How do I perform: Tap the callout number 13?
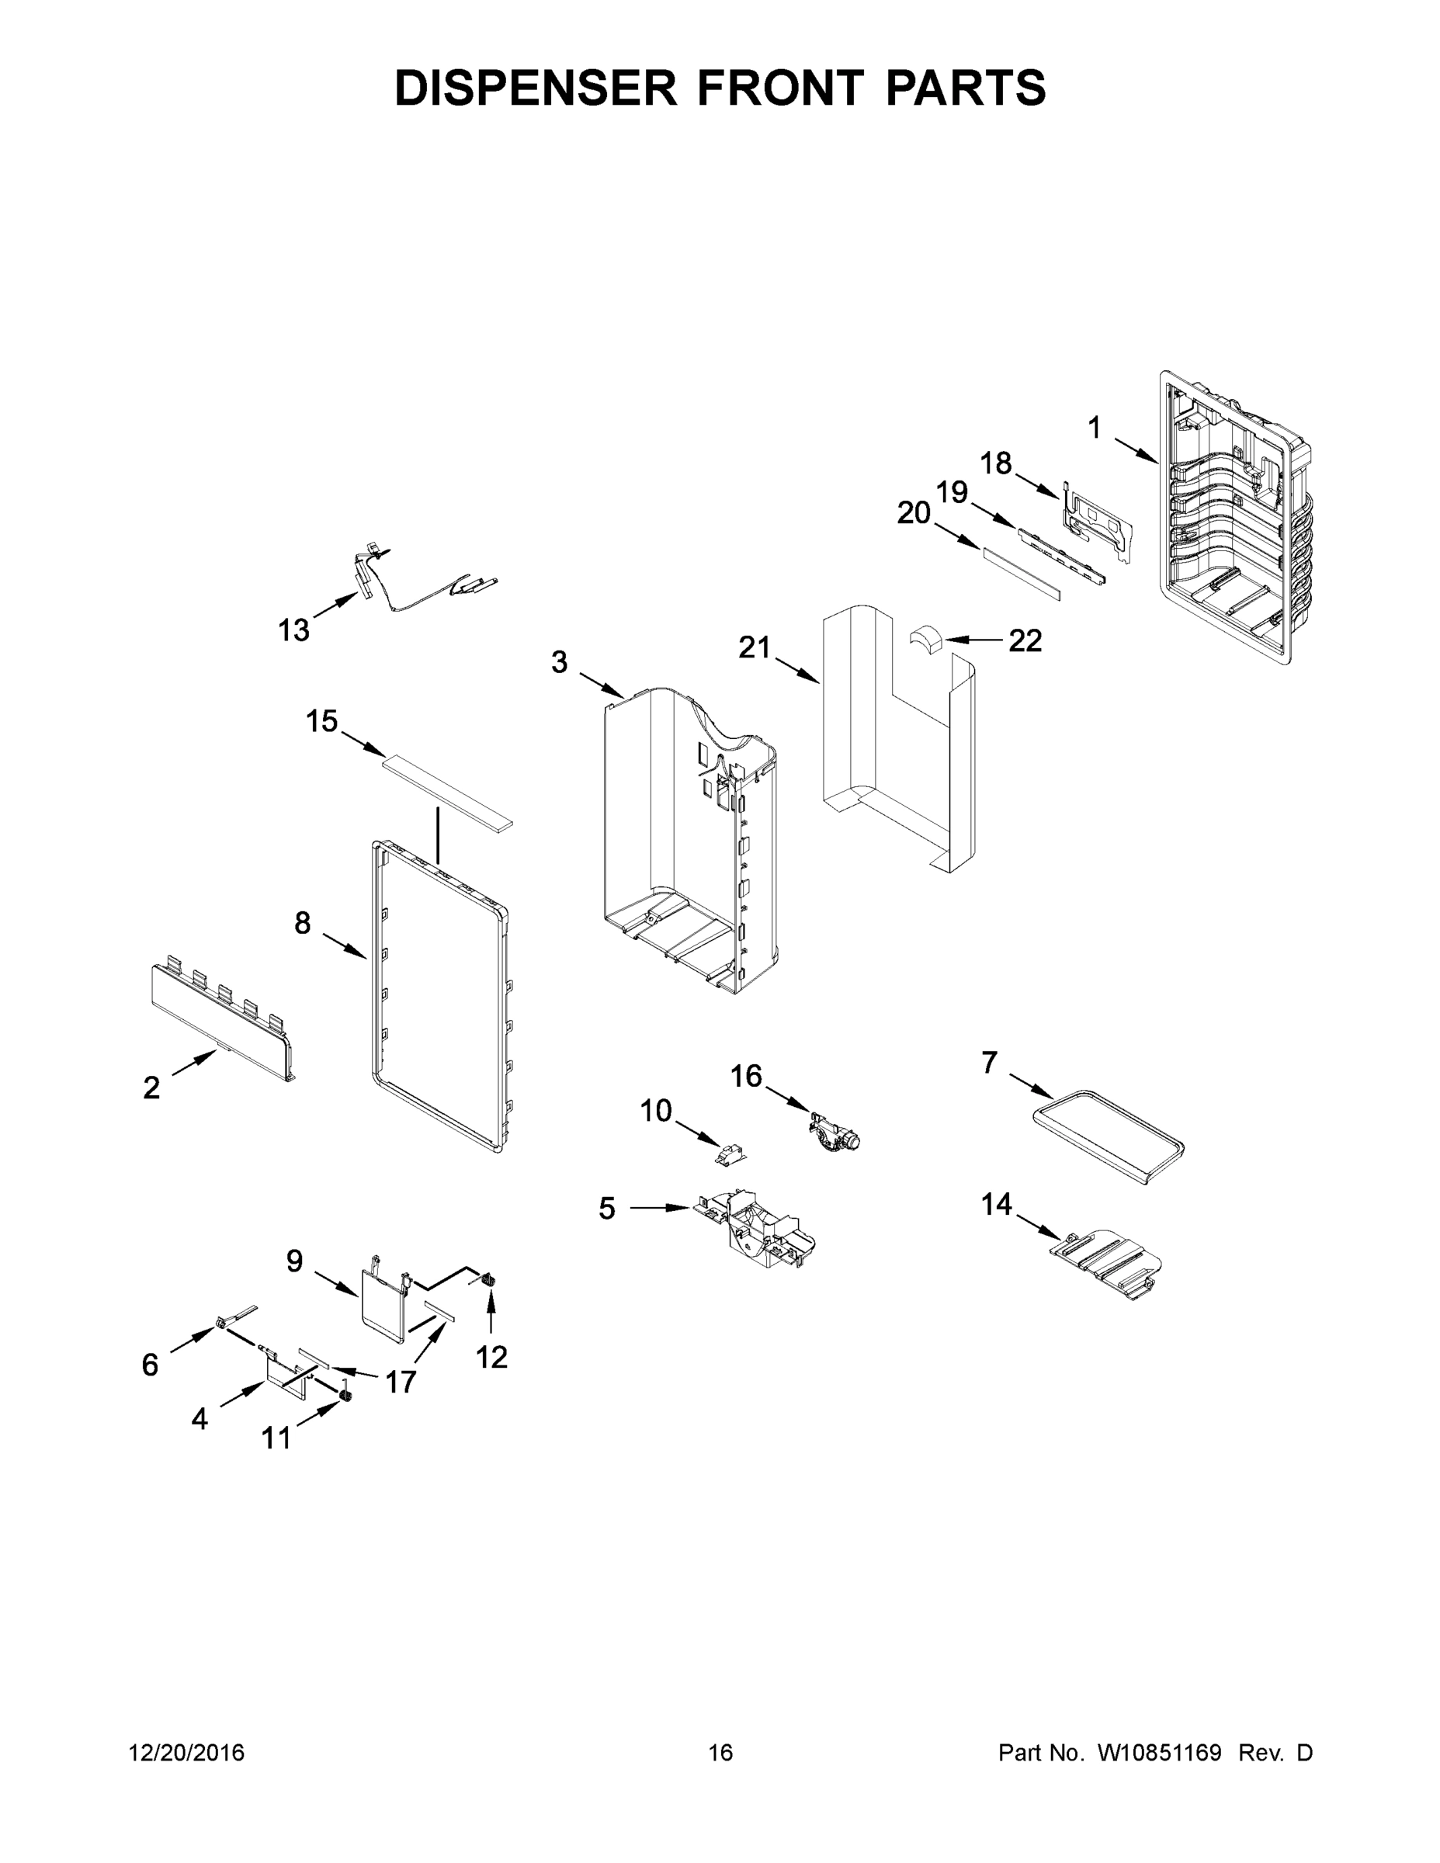[x=293, y=630]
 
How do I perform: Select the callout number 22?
[x=1025, y=640]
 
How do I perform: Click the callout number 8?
[x=303, y=923]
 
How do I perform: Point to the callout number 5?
[x=606, y=1208]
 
